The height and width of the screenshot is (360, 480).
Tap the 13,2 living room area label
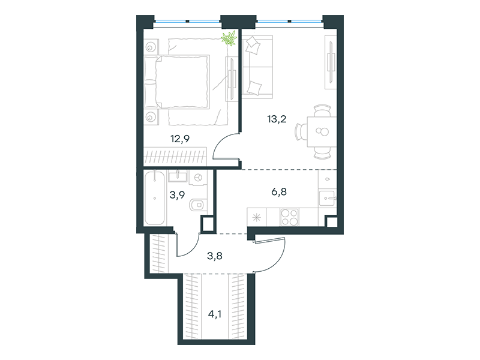pyautogui.click(x=277, y=118)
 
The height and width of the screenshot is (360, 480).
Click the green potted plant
pyautogui.click(x=229, y=40)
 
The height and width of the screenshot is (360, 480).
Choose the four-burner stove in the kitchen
pyautogui.click(x=289, y=216)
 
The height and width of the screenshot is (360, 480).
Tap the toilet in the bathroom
pyautogui.click(x=197, y=206)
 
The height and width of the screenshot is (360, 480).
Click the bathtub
pyautogui.click(x=155, y=197)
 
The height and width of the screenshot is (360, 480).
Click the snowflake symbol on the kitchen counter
pyautogui.click(x=257, y=216)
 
